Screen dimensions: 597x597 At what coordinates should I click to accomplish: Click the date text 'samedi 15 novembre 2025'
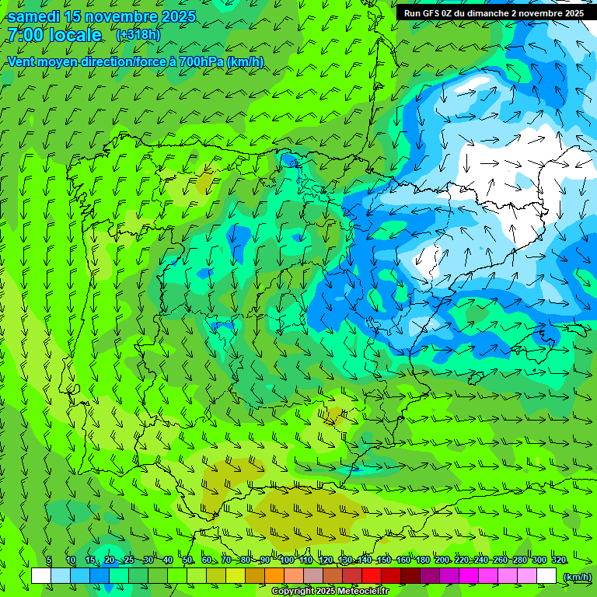[101, 16]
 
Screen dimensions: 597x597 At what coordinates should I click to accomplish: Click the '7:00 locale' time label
[54, 35]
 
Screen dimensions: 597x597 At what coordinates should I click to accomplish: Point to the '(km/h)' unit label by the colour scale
[576, 577]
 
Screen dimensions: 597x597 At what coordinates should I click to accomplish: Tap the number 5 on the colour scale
[49, 560]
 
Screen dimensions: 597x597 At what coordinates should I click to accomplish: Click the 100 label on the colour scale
[286, 560]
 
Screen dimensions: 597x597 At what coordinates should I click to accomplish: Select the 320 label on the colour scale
[558, 560]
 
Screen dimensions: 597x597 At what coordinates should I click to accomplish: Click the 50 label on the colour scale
[187, 560]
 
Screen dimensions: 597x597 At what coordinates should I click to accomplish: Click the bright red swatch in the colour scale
[372, 576]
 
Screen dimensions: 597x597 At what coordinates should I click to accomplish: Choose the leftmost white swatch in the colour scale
[41, 576]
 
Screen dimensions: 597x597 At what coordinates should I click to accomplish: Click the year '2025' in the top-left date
[175, 16]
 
